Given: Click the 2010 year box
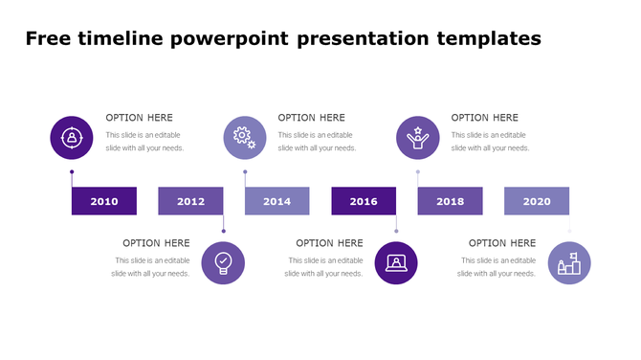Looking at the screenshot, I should click(104, 201).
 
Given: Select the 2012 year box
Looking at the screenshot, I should click(190, 201).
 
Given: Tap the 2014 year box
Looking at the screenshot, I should click(276, 201).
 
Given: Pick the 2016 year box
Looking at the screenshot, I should click(364, 201).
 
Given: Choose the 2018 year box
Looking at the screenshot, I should click(450, 201).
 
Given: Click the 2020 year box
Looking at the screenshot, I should click(537, 201).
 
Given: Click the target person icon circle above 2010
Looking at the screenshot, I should click(71, 137).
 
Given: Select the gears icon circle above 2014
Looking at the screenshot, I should click(245, 137).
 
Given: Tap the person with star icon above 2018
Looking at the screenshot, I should click(418, 137).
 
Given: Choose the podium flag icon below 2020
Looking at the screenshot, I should click(569, 263).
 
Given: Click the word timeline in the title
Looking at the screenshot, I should click(122, 39).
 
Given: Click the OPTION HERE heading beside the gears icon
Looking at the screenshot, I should click(312, 118).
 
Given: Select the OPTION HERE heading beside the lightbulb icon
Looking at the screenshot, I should click(156, 243).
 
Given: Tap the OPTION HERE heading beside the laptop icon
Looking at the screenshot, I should click(329, 243).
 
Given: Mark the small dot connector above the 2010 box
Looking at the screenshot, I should click(72, 172).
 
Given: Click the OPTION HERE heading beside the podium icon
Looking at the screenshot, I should click(502, 243).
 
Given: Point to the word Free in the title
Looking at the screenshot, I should click(46, 39).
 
